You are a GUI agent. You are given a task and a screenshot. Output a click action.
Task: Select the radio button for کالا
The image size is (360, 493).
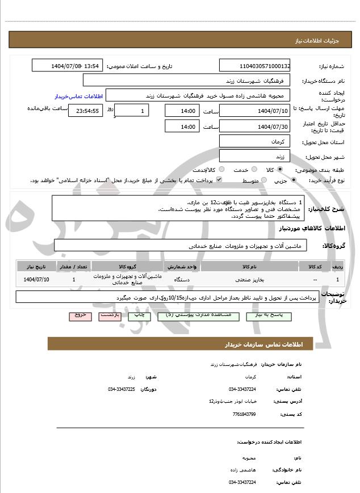point(280,170)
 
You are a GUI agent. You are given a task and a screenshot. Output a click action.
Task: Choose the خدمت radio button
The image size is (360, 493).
point(253,170)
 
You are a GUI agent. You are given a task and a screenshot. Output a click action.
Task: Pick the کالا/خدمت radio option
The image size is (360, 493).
point(221,170)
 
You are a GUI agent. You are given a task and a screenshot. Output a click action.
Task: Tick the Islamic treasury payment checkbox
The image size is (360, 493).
point(219,180)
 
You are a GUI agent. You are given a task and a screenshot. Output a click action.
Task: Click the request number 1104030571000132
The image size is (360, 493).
point(254,66)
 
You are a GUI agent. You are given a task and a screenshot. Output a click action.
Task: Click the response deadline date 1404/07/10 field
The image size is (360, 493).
point(254,111)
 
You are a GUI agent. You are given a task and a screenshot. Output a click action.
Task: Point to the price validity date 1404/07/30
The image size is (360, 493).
point(254,127)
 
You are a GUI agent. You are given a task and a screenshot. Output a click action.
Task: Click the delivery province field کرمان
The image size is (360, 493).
point(254,141)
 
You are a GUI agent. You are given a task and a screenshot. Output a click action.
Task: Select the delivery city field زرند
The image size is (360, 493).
point(254,156)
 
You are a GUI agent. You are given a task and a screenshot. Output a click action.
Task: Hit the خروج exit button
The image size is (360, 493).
point(79,315)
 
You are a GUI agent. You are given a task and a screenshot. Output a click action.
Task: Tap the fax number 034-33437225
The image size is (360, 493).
point(122,389)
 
